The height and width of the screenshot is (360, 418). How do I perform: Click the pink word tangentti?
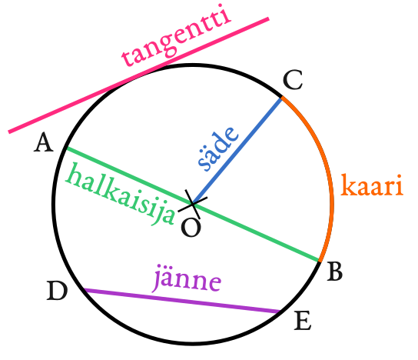point(177,35)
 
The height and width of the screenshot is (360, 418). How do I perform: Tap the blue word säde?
point(217,148)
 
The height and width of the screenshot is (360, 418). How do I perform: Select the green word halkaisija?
point(121,195)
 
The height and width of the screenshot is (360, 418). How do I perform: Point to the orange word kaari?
point(372,185)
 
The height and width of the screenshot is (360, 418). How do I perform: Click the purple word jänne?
point(187,278)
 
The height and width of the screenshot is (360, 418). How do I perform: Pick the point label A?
point(44,143)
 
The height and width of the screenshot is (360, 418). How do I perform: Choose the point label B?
point(335,272)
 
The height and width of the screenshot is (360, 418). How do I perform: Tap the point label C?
point(293,80)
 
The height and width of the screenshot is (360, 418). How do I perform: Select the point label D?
point(57,291)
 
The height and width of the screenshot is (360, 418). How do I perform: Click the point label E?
point(303,320)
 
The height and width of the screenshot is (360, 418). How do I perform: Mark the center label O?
point(191,228)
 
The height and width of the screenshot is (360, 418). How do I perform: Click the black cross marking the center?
point(192,204)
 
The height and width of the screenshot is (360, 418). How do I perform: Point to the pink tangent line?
point(138,75)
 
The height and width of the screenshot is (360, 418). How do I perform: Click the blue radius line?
point(237,151)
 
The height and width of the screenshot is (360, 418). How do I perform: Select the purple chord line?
point(182,301)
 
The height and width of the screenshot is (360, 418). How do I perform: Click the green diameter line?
point(192,204)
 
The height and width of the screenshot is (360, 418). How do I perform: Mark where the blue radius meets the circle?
point(281,98)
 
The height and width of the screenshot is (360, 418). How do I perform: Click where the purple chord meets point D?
point(85,289)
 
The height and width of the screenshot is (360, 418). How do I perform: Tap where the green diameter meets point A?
point(66,148)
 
